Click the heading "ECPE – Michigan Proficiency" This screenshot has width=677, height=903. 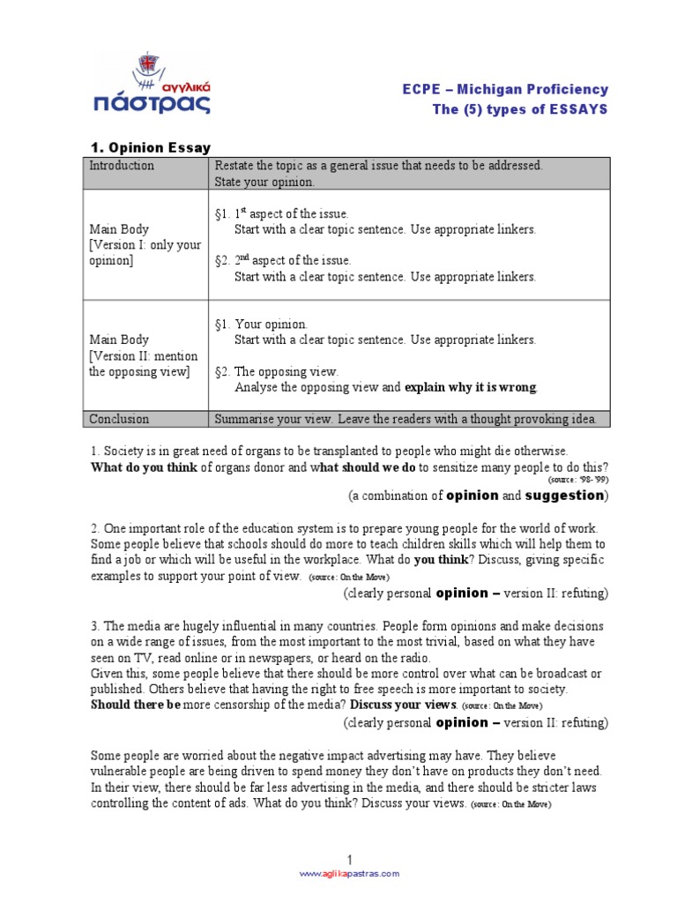[505, 89]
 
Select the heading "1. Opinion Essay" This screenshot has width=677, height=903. [152, 147]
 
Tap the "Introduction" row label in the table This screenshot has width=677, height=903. [122, 166]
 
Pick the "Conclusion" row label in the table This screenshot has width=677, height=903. [119, 419]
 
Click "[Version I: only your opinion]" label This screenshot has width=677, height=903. [145, 253]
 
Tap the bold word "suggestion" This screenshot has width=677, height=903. [564, 496]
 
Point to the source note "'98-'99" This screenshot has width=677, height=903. [591, 480]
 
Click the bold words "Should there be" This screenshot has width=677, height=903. [136, 705]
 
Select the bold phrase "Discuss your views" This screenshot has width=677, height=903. [404, 705]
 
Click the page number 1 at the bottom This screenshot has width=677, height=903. [349, 860]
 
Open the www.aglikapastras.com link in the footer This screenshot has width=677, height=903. [349, 874]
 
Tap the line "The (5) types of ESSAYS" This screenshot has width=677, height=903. [520, 108]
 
